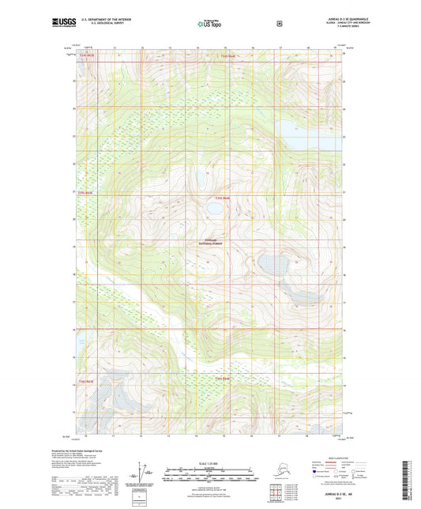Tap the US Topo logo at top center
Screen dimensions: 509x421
(209, 25)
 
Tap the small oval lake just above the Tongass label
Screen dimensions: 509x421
(215, 210)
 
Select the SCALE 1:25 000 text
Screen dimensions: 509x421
(210, 462)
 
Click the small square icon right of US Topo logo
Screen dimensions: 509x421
(279, 24)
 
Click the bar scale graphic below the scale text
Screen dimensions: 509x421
(210, 477)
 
